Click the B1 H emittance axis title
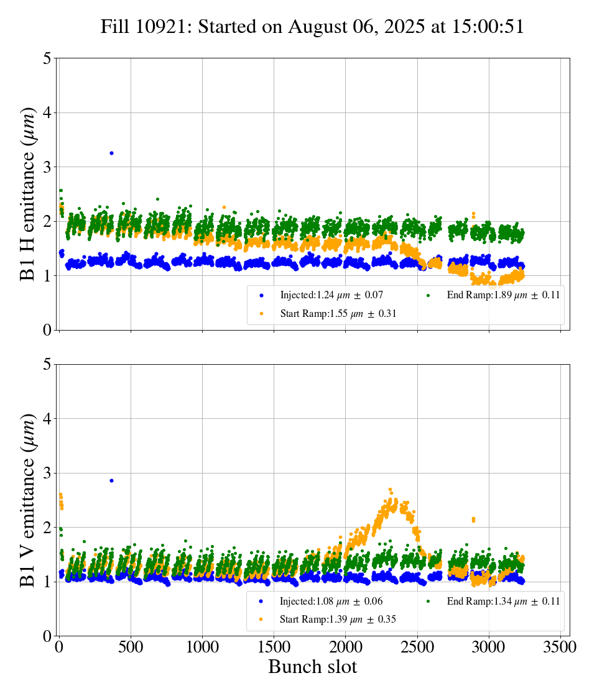[29, 193]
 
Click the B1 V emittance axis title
[29, 500]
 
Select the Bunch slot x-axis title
[313, 667]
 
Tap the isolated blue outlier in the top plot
[111, 153]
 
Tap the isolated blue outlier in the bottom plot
[111, 480]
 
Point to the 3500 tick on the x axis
[561, 647]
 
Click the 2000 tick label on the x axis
[346, 647]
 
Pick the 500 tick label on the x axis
[131, 647]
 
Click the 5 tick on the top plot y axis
[47, 59]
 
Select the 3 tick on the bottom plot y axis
[47, 474]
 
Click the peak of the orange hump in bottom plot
[390, 490]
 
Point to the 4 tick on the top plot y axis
[47, 113]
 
